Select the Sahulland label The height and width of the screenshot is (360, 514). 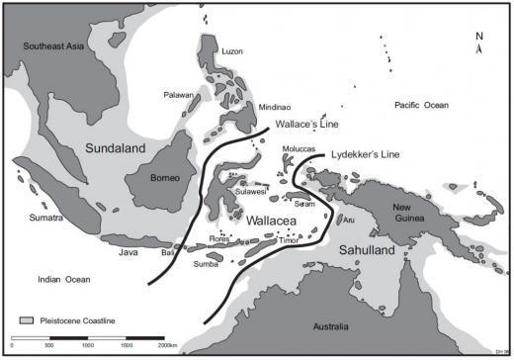point(369,252)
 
